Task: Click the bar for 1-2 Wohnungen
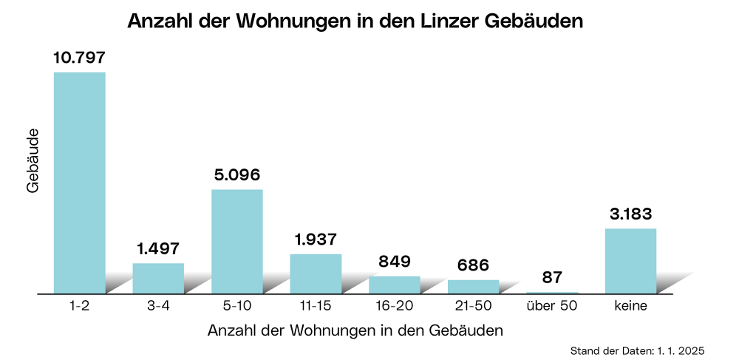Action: pos(80,183)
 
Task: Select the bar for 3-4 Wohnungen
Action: pos(158,278)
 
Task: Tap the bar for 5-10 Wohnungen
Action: pos(237,241)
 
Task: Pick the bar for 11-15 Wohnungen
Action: pos(316,274)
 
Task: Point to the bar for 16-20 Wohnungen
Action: pos(395,285)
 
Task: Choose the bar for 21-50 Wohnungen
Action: pos(473,286)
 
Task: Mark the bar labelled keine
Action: pos(630,261)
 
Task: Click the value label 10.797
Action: pos(80,57)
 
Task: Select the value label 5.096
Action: pos(237,175)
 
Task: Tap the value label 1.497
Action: pos(158,248)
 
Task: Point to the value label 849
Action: pos(395,262)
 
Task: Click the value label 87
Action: pos(552,277)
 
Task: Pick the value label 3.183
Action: pos(630,214)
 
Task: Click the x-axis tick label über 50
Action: pos(552,305)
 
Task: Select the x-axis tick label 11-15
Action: pos(316,305)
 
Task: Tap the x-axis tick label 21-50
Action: pos(473,305)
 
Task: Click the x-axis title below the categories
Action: pos(355,330)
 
